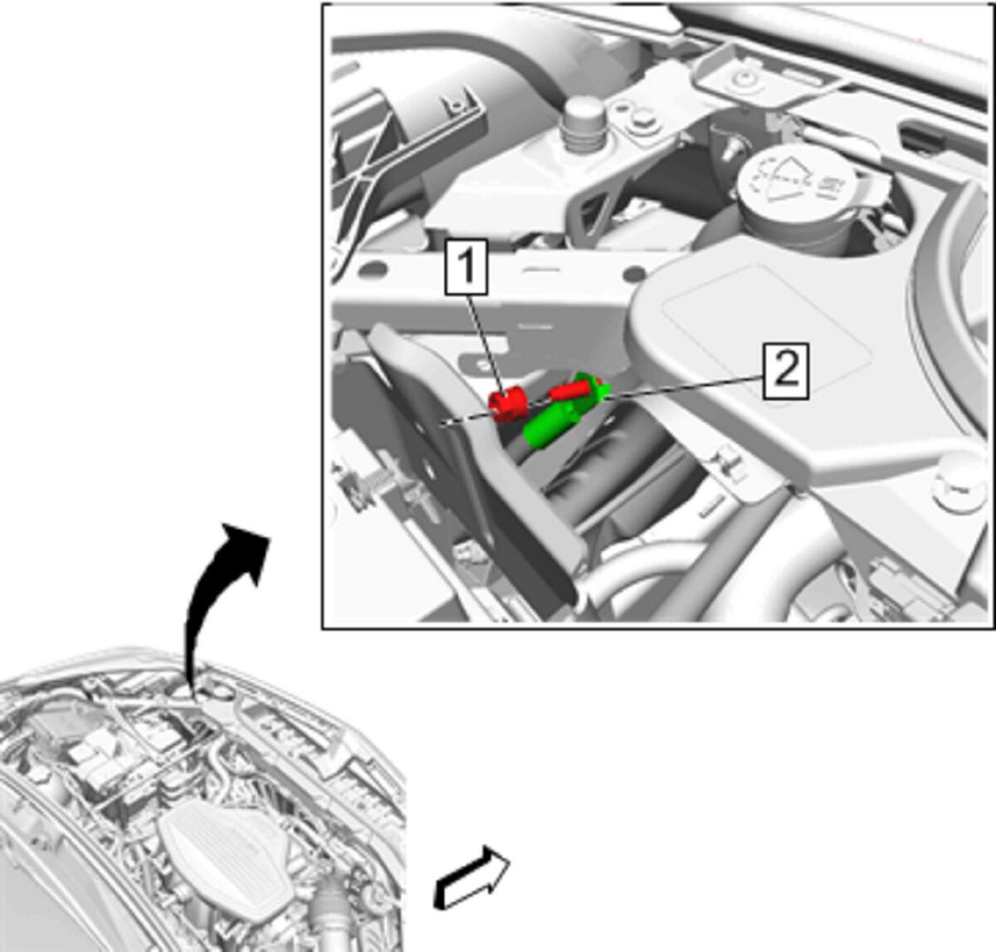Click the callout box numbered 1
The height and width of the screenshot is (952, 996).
point(466,267)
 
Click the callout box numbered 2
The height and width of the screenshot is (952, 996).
point(786,370)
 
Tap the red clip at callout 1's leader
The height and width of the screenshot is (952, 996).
point(508,405)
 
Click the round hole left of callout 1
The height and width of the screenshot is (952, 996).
point(374,269)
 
